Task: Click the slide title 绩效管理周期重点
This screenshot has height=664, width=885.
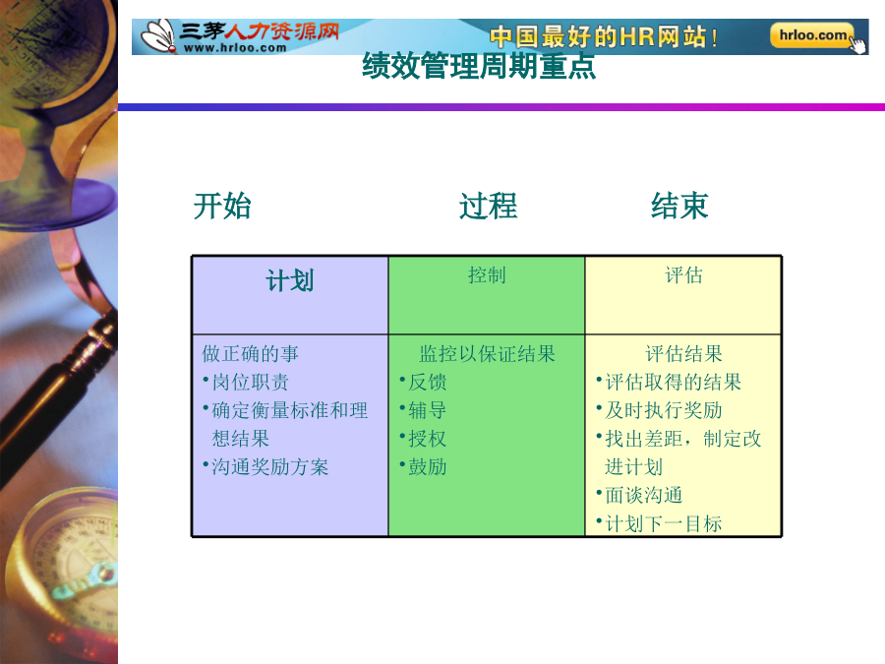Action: (479, 66)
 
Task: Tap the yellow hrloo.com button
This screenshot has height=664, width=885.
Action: (812, 35)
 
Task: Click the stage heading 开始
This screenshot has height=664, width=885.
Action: (222, 206)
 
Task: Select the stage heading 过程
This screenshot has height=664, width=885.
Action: (488, 206)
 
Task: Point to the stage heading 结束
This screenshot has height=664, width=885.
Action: (678, 206)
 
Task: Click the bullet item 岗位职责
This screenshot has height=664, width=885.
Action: (250, 383)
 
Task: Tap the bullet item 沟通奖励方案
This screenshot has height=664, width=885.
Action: (269, 467)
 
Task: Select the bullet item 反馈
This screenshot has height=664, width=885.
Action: (428, 383)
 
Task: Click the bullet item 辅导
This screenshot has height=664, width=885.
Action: (428, 410)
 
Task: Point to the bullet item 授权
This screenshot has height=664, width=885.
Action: (428, 439)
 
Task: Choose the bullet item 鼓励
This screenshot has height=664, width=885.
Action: (428, 467)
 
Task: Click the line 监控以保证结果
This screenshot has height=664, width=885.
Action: (487, 354)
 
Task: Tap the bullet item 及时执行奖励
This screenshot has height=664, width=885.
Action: (664, 410)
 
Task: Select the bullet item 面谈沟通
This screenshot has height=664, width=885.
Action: (644, 495)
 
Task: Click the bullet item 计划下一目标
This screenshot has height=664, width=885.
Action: (664, 524)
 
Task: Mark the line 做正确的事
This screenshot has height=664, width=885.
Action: (250, 354)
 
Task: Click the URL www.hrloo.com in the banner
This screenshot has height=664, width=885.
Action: (235, 48)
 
